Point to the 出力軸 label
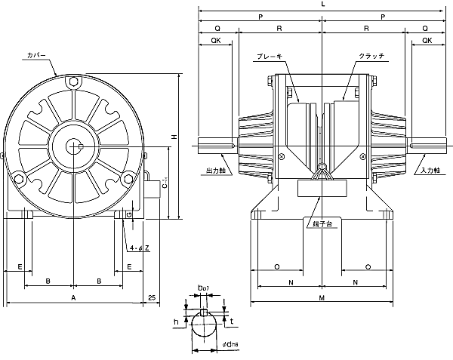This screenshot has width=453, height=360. coord(215,170)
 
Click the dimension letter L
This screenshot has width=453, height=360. coord(322,5)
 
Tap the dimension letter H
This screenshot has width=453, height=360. coord(174,137)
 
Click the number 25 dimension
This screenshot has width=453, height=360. coord(153,299)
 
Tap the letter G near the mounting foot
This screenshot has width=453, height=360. coord(129,215)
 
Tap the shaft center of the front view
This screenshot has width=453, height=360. coord(72,146)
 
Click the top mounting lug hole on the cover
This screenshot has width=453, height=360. coord(72,82)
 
